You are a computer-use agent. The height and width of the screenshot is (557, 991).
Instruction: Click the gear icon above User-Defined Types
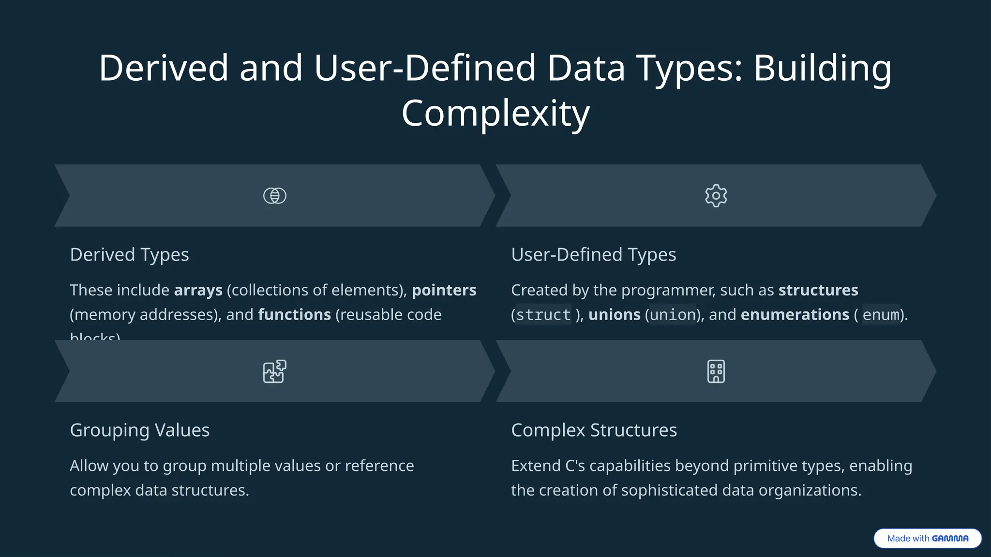point(716,196)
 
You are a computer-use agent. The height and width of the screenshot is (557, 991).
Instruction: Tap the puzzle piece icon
point(274,371)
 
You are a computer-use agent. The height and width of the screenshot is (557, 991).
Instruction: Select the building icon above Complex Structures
point(716,371)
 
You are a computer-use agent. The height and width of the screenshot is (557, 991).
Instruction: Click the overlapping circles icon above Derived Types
point(274,196)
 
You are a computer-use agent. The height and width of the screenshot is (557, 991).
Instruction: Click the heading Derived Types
point(129,255)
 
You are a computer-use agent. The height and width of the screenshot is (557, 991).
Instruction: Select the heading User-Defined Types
point(593,255)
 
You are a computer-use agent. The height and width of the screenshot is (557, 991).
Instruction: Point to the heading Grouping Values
point(139,430)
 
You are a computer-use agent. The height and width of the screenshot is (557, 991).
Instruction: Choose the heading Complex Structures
point(594,430)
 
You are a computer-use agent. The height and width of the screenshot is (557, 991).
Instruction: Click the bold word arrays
point(198,290)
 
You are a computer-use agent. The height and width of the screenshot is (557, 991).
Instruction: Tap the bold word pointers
point(444,290)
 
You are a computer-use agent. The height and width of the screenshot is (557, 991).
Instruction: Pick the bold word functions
point(294,315)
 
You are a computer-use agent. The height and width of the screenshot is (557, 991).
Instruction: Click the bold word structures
point(818,290)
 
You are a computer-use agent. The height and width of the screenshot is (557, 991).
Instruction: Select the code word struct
point(543,315)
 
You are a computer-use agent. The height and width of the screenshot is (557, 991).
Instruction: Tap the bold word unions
point(614,315)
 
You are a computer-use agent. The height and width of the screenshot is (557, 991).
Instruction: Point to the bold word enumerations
point(795,315)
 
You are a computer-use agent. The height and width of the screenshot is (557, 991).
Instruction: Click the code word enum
point(881,315)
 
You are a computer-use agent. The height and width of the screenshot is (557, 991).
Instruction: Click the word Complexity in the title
point(495,113)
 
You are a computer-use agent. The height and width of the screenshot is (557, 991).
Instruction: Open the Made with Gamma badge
point(927,538)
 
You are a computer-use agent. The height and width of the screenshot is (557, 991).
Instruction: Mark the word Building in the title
point(822,68)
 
